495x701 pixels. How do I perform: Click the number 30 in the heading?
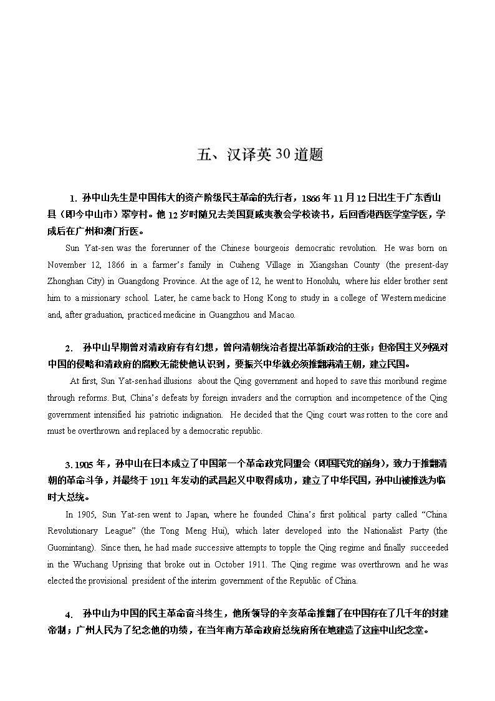(x=282, y=155)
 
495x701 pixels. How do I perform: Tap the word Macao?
(x=282, y=315)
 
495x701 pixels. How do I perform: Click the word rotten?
(x=372, y=414)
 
